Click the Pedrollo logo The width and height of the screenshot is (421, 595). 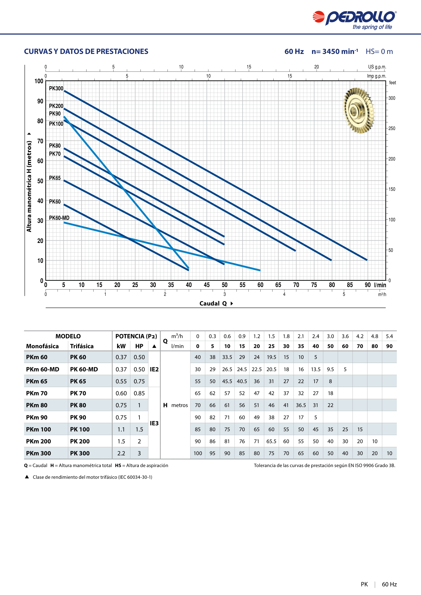354,20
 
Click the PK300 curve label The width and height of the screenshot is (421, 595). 56,88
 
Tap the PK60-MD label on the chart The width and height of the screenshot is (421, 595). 59,218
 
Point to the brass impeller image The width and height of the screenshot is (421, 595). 359,110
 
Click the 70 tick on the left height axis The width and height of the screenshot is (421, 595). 40,141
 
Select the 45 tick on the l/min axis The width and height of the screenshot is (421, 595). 207,285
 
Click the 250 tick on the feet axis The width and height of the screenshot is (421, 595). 392,128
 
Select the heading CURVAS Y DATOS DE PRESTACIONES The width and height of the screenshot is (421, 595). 86,51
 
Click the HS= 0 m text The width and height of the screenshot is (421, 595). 379,51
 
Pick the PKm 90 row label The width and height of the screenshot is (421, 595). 37,417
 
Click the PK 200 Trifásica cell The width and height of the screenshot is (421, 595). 80,441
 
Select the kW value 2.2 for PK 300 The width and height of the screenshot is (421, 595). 121,453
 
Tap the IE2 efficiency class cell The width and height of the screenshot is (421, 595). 154,369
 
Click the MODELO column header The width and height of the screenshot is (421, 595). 68,336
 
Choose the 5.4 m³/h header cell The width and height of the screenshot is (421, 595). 389,336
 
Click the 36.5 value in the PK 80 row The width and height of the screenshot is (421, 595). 301,405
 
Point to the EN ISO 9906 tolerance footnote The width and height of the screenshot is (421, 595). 325,466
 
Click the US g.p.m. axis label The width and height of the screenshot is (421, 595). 377,67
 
